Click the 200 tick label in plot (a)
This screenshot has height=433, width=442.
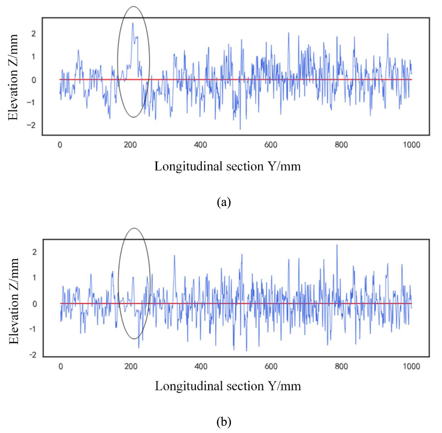coord(130,145)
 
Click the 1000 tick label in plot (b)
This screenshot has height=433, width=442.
coord(411,366)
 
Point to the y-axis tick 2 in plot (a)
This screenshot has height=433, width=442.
coord(34,34)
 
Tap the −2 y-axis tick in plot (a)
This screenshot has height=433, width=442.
coord(31,125)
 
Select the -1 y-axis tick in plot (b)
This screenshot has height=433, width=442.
coord(33,329)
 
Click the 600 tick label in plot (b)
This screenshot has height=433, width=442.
coord(271,366)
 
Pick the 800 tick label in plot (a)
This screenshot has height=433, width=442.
coord(341,145)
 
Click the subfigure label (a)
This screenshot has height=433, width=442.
coord(224,202)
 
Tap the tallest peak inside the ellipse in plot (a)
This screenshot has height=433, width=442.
coord(133,23)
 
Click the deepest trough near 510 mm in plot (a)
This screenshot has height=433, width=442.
coord(240,129)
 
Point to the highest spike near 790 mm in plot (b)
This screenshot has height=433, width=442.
coord(337,245)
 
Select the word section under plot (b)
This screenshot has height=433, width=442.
coord(245,386)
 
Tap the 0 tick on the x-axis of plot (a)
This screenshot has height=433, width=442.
coord(60,145)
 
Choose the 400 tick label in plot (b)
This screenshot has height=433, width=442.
coord(201,366)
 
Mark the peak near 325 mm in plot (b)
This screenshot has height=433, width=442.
coord(175,255)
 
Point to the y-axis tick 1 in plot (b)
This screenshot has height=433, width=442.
coord(34,278)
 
